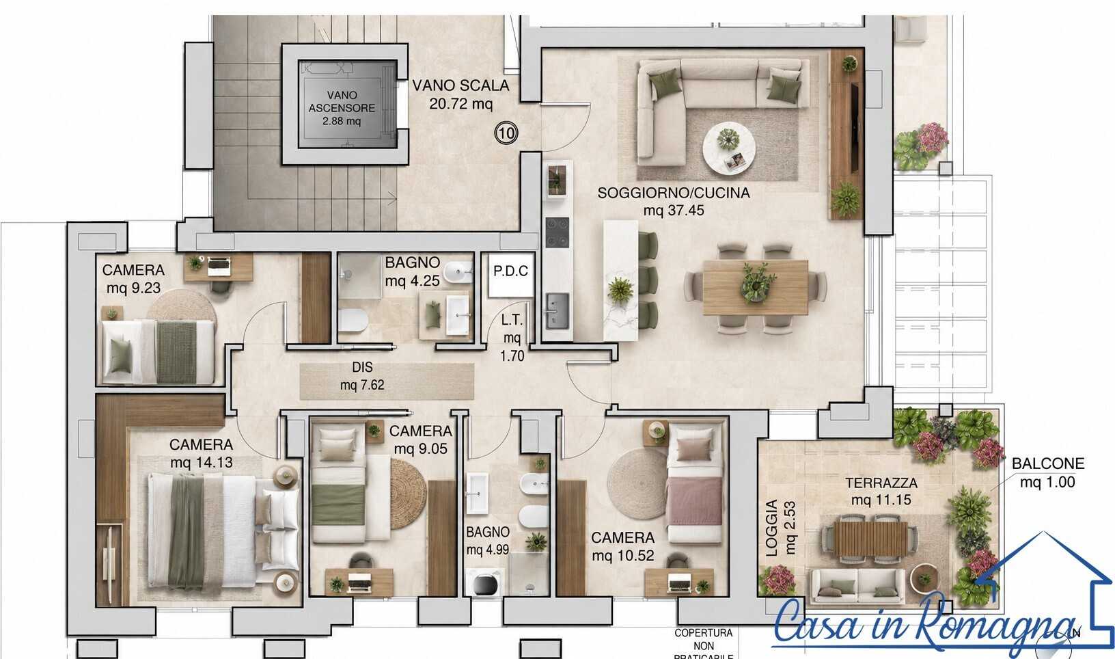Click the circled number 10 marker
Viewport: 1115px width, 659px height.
coord(506,133)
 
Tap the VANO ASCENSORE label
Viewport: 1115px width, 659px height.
coord(342,107)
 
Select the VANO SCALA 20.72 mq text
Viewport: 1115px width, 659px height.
coord(460,94)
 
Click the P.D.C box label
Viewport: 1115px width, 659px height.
coord(511,271)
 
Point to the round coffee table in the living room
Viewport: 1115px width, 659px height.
coord(729,148)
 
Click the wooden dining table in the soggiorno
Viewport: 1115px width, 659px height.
coord(755,287)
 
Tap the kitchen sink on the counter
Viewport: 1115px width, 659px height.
coord(557,311)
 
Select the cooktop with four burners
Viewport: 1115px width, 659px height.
coord(557,232)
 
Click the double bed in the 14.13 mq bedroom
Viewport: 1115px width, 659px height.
coord(223,531)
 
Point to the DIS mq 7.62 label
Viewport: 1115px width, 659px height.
coord(362,376)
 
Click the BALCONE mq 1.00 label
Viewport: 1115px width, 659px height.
coord(1048,472)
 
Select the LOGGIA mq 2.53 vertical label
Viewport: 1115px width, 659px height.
coord(780,528)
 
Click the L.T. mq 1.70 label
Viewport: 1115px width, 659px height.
coord(512,338)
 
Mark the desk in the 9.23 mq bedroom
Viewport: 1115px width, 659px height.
coord(218,267)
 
